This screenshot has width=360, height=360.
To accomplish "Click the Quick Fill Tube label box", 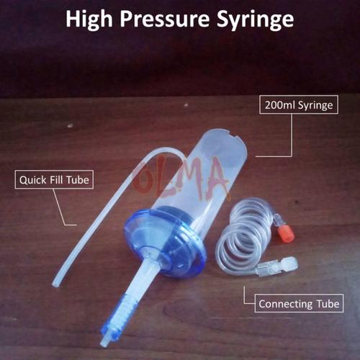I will (55, 179).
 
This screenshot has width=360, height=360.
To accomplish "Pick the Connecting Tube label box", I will (299, 304).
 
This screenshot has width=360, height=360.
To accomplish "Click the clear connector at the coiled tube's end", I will (281, 265).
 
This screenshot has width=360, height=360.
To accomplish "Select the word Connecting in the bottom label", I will (285, 304).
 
